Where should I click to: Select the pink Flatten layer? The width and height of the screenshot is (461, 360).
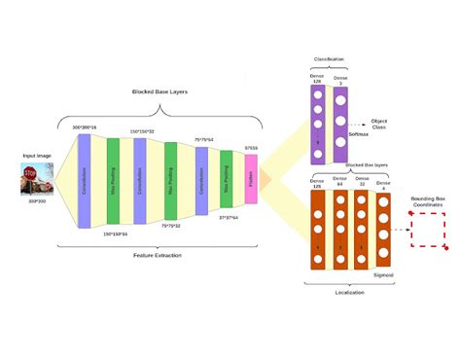point(251,179)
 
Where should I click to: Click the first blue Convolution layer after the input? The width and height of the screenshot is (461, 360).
point(84,180)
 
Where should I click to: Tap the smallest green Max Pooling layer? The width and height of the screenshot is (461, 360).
point(226,179)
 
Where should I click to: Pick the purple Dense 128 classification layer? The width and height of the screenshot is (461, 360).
point(316,123)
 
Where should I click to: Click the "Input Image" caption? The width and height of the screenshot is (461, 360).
point(35,156)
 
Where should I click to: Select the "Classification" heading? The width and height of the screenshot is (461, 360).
point(329,59)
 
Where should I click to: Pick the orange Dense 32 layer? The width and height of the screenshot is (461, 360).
point(363,230)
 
